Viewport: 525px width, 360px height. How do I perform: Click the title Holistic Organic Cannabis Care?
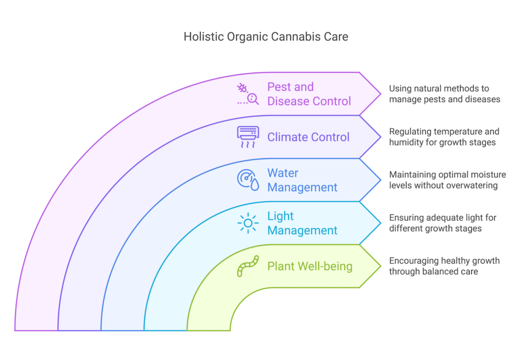tap(266, 36)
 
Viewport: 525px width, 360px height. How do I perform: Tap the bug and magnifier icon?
tap(248, 94)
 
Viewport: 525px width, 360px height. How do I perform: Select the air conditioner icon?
tap(248, 137)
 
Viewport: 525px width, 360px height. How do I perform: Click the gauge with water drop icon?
tap(248, 180)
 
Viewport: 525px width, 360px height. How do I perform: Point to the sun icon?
tap(248, 223)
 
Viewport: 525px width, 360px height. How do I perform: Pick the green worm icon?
tap(248, 266)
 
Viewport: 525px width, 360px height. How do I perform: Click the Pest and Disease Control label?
tap(309, 94)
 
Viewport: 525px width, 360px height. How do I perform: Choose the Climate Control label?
tap(308, 137)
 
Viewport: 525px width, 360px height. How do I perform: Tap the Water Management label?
tap(302, 180)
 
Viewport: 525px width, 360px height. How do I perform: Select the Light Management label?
tap(302, 223)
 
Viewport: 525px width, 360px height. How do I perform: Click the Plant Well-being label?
tap(310, 266)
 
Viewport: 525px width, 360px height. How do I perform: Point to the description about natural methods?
tap(445, 94)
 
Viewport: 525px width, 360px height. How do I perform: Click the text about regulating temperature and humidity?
tap(444, 136)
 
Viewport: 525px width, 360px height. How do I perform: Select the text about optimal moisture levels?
tap(447, 180)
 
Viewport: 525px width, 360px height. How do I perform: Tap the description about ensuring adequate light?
tap(442, 223)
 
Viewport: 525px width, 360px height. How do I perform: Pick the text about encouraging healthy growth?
tap(445, 266)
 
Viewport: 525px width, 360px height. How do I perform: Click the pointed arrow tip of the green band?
tap(381, 266)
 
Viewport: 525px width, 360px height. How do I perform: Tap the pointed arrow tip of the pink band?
tap(381, 94)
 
